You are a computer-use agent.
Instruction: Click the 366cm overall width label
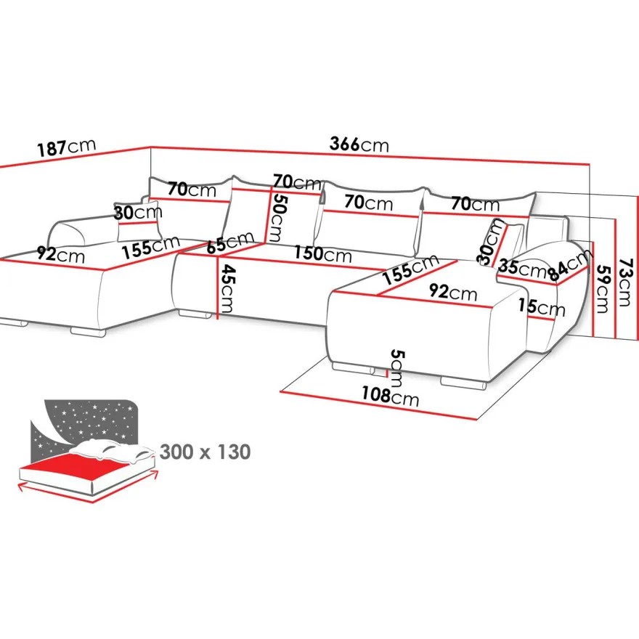pos(359,144)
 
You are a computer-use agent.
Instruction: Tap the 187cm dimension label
pos(66,147)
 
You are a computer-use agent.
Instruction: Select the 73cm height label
pos(624,282)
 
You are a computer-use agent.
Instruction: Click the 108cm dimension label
pos(391,396)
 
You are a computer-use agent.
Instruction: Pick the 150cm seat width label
pos(322,253)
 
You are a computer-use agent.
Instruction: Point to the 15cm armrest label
pos(542,307)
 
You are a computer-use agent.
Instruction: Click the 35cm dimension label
pos(521,268)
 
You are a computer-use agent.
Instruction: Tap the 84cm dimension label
pos(569,265)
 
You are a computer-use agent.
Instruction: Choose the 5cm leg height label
pos(397,367)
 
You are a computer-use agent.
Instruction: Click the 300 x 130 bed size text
pos(205,452)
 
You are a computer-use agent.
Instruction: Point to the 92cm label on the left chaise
pos(61,254)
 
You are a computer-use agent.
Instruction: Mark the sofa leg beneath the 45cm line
pos(195,314)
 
